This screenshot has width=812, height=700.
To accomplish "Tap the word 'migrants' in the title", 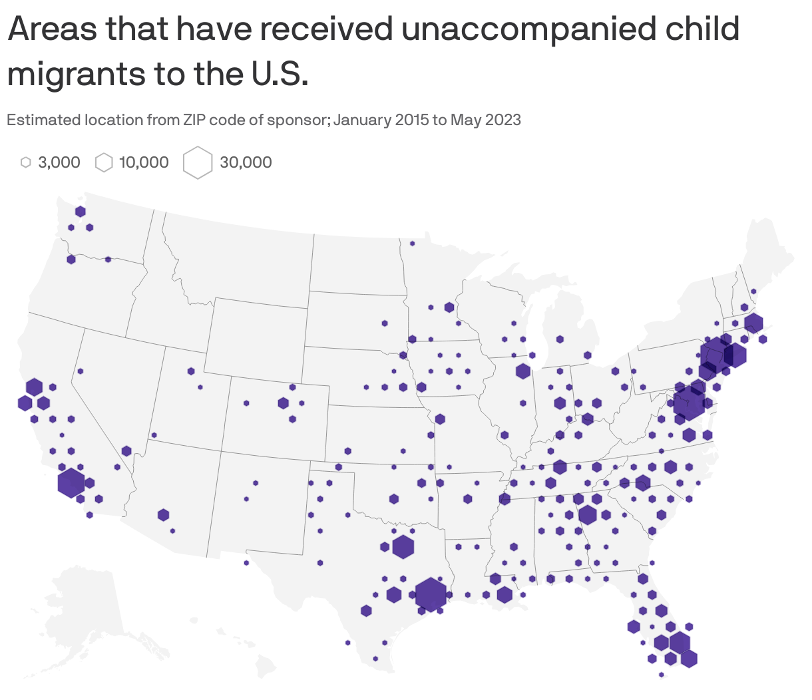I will coord(75,73).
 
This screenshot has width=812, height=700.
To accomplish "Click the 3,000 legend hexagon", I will coord(26,162).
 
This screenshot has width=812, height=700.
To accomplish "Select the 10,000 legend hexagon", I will coord(104,162).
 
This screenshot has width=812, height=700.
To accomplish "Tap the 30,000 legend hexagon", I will coord(198,163).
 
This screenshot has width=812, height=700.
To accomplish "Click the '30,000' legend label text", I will coord(246,162).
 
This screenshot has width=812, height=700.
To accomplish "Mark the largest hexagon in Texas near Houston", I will coord(431,594).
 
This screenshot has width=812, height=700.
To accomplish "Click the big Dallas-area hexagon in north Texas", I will coord(403,547).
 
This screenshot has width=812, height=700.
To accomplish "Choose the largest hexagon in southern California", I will coord(71,482).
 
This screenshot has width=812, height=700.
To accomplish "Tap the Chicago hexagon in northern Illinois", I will coord(522,371).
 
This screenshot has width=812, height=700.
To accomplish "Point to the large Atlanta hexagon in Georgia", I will coord(587,514).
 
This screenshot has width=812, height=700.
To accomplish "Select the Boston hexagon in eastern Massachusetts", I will coord(753,323).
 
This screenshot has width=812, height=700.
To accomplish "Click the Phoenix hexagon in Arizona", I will coord(163,514).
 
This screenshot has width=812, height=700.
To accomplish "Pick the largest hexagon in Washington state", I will coord(81,212).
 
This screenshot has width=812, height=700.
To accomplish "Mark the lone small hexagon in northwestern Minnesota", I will coord(412,244).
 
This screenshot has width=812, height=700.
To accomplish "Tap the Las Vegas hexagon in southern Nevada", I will coord(126,451).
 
